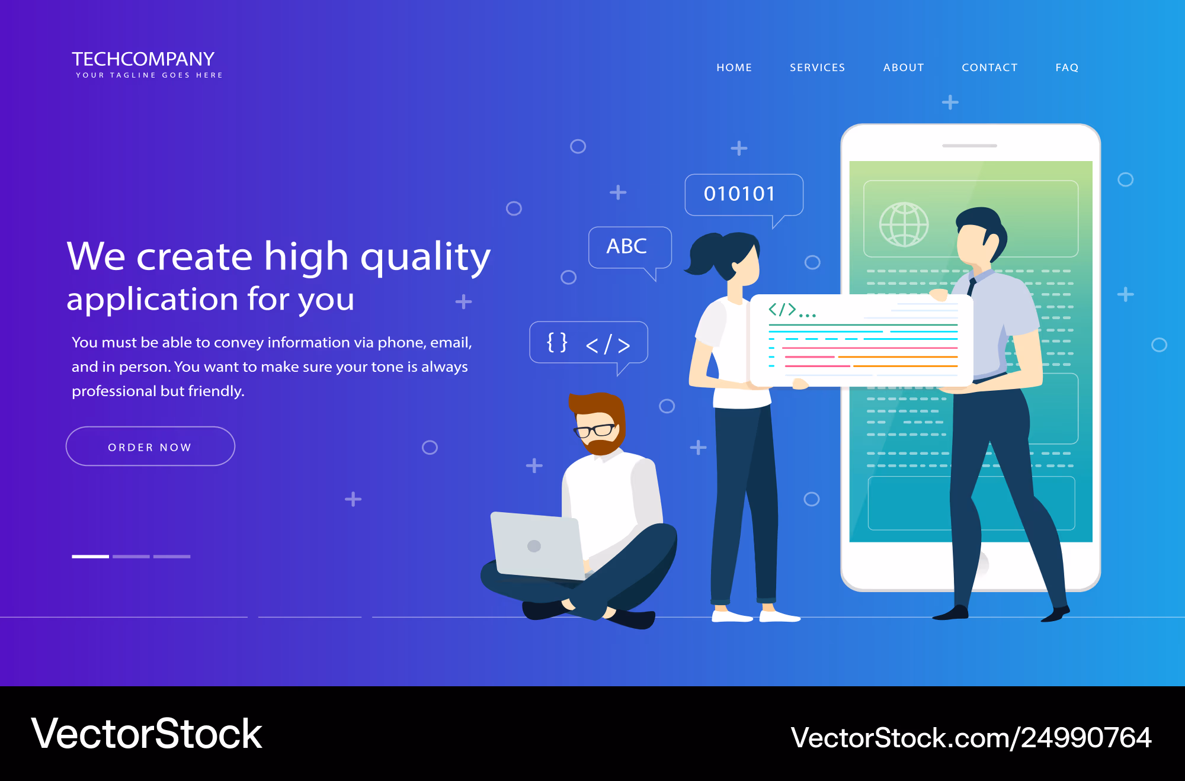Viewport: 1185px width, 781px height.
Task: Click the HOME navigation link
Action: click(x=734, y=68)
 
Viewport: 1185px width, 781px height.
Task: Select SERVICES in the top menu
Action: click(x=817, y=68)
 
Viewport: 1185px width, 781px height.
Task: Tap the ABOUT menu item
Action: click(x=904, y=68)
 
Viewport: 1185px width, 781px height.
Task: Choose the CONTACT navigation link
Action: click(x=989, y=68)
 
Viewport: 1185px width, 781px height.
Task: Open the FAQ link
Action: click(x=1066, y=68)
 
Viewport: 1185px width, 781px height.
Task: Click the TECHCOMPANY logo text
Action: click(x=143, y=59)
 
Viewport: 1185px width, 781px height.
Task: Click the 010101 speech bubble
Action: click(x=744, y=195)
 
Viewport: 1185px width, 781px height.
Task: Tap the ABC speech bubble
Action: click(x=630, y=249)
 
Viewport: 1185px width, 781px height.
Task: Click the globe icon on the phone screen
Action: click(x=904, y=224)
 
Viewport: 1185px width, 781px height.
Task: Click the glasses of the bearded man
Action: click(x=594, y=430)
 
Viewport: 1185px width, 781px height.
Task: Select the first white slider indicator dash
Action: click(x=90, y=557)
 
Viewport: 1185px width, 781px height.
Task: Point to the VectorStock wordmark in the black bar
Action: click(x=146, y=734)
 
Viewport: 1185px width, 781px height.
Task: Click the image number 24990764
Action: click(x=1085, y=738)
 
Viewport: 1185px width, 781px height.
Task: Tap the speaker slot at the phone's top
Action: click(x=970, y=146)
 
